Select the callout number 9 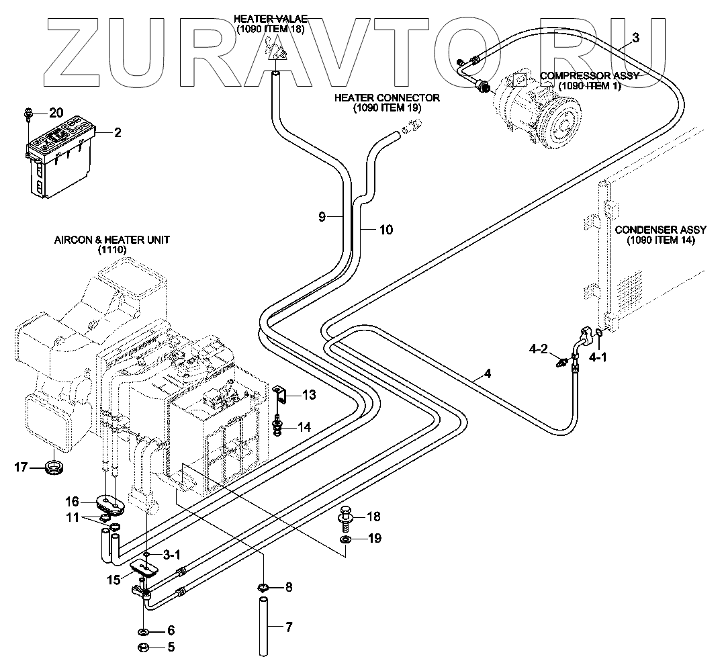coord(322,216)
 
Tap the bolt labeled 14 coord(279,426)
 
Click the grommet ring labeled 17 coord(53,466)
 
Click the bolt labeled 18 coord(345,517)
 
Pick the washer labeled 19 coord(345,539)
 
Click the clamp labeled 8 coord(264,588)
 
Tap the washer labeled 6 coord(143,631)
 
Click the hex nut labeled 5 coord(143,648)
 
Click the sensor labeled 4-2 coord(561,362)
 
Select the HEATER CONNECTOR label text coord(387,98)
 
